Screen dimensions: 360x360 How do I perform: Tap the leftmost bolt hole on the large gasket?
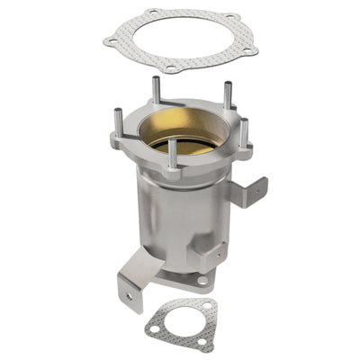111,40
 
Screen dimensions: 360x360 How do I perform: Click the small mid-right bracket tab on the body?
216,256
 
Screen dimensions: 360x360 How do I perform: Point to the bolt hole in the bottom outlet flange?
202,280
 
